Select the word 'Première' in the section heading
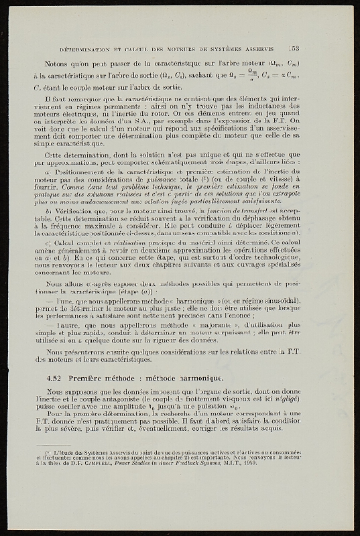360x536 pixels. tap(86, 378)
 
